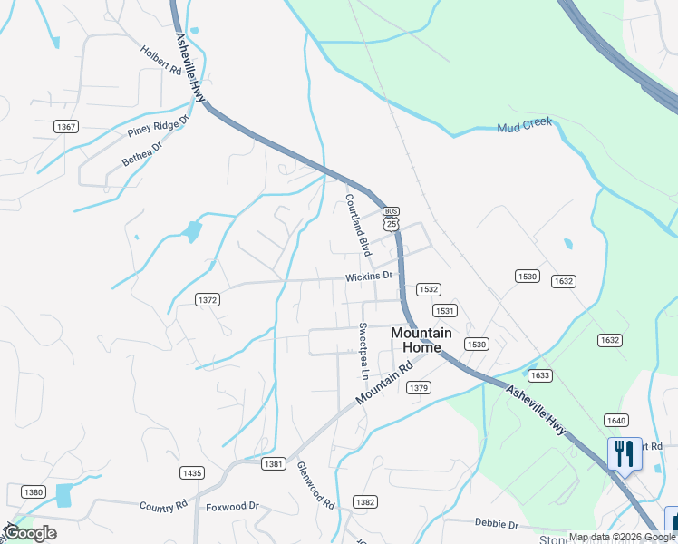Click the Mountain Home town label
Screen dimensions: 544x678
coord(416,340)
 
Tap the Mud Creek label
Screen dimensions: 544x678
coord(524,125)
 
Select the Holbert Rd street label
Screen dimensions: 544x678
coord(161,61)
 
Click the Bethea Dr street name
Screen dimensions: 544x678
coord(141,153)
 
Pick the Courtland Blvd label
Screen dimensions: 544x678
coord(358,222)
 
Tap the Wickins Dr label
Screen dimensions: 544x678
coord(369,275)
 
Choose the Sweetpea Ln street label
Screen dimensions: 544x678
coord(363,351)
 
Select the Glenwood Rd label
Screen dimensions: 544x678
coord(316,485)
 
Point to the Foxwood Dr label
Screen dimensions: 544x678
coord(232,507)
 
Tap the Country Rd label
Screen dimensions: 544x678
coord(163,505)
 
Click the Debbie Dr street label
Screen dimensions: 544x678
coord(496,524)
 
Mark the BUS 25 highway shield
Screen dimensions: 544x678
coord(391,218)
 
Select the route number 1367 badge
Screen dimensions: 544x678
coord(65,126)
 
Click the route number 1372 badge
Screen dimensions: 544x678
coord(208,299)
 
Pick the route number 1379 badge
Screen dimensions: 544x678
coord(418,388)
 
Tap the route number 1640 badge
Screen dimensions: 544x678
coord(616,420)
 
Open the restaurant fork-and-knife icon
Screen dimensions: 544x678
coord(624,453)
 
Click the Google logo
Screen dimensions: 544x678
coord(30,533)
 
